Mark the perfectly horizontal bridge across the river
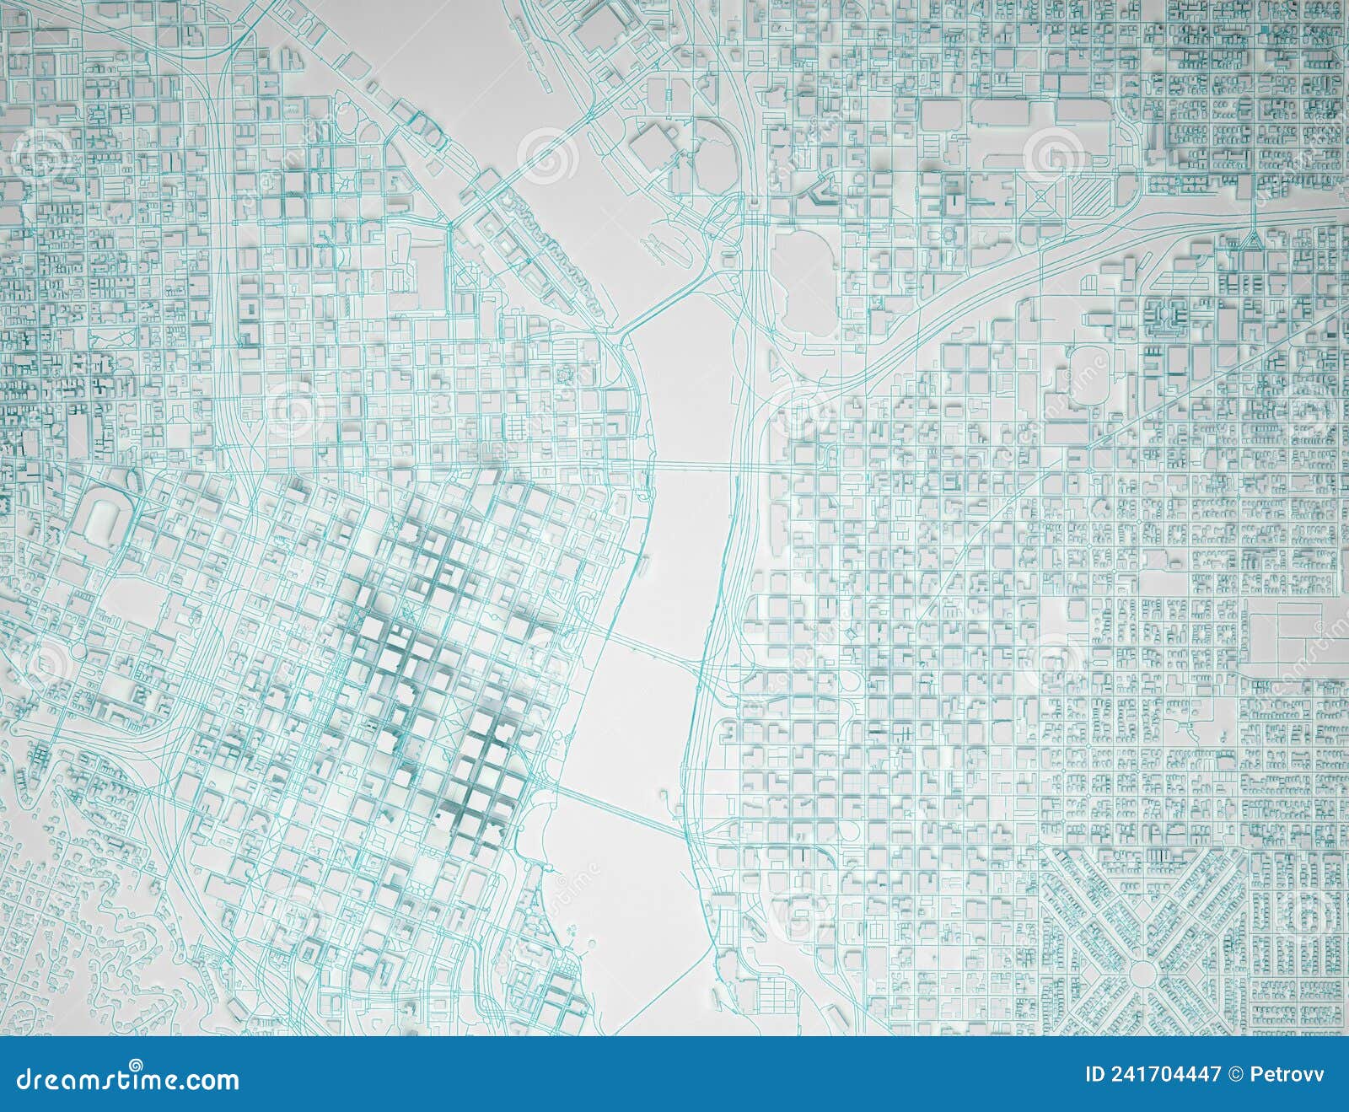(691, 466)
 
